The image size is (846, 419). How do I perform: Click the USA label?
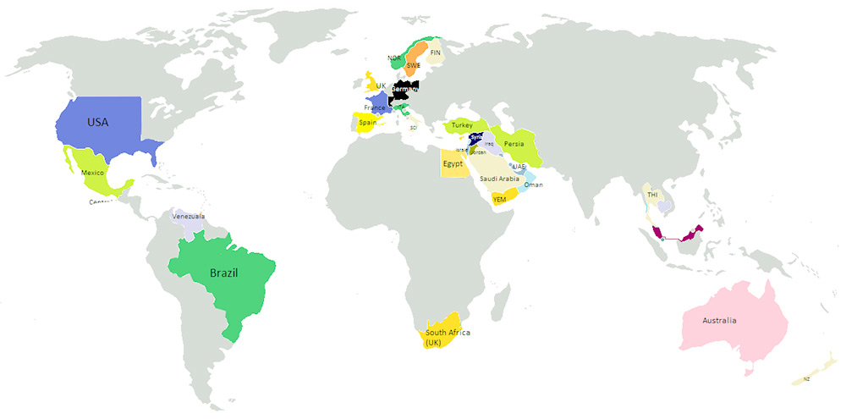coord(98,122)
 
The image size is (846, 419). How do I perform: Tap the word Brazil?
coord(223,273)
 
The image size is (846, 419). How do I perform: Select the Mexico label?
coord(92,173)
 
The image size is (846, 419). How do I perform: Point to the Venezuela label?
coord(189,216)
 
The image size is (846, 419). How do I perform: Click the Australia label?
coord(719,321)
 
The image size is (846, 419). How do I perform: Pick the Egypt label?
coord(453,163)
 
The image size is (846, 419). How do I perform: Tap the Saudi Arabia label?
coord(499,179)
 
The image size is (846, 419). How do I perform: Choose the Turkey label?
coord(462,125)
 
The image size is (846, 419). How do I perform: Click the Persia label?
coord(514,144)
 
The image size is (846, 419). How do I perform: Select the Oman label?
coord(533,185)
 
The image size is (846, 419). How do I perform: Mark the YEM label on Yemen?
coord(499,199)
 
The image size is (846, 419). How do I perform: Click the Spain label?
coord(367,123)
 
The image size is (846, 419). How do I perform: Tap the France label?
coord(375,108)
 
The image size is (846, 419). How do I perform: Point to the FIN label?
coord(436,52)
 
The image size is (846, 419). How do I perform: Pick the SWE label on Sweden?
coord(414,65)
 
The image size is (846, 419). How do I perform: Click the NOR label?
coord(394,58)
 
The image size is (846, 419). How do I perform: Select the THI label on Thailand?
coord(652,195)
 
